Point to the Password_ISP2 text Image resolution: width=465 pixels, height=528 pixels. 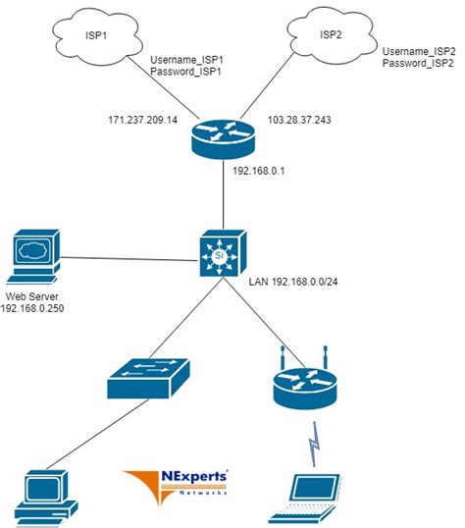(419, 64)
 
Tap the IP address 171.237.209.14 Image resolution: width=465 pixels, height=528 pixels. (144, 121)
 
